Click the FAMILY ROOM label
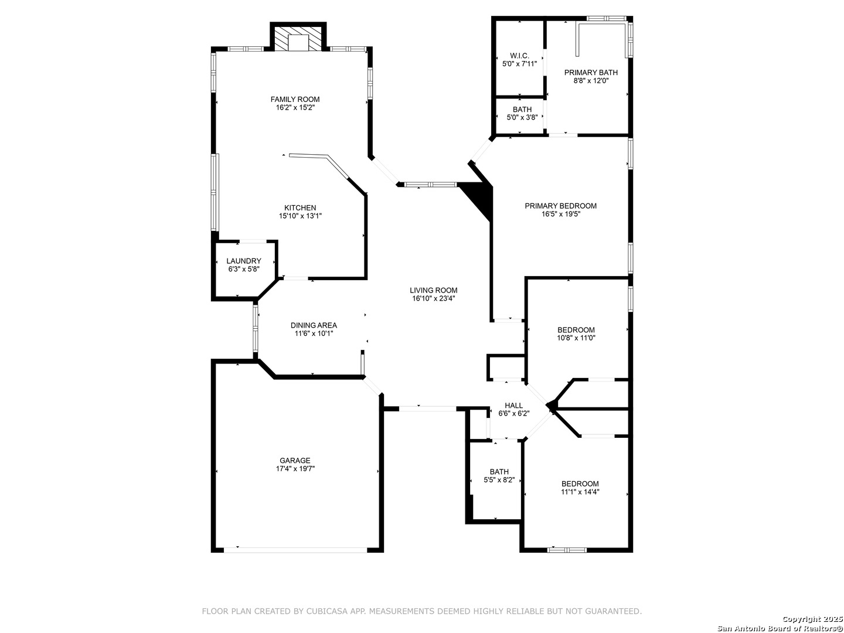[295, 99]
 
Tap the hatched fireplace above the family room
[298, 39]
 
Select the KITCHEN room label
[300, 208]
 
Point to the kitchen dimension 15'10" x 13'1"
[300, 216]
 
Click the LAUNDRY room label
[243, 261]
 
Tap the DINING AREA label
[314, 325]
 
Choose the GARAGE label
[295, 461]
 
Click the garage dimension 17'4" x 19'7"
[295, 468]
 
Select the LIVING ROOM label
[433, 290]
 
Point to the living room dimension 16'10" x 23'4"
[433, 298]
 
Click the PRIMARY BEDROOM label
[560, 206]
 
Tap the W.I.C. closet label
[519, 56]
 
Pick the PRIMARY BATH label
[591, 72]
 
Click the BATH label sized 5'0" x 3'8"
[522, 110]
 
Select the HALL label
[513, 406]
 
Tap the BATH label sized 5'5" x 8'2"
[499, 472]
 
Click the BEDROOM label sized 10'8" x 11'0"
[576, 330]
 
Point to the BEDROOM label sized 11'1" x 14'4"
[580, 484]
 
